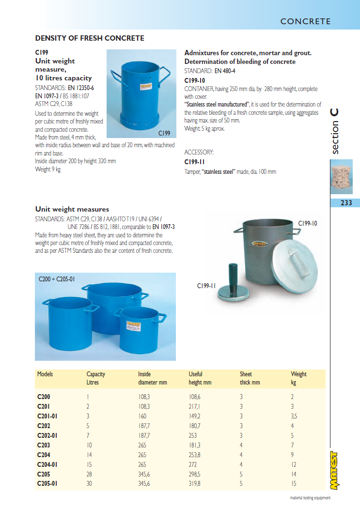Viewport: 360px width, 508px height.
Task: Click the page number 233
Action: tap(346, 203)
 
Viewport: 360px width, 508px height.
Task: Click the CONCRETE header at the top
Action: tap(305, 21)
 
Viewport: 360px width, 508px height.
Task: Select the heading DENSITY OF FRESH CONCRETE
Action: tap(90, 38)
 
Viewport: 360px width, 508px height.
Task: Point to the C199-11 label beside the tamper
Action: tap(206, 286)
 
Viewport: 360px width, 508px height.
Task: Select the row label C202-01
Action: tap(47, 435)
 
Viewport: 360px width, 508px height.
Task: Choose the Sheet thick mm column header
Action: tap(250, 378)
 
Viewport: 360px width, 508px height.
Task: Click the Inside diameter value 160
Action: tap(142, 416)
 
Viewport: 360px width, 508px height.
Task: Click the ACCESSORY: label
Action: tap(199, 152)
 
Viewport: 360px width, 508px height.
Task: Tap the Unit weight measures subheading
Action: tap(72, 209)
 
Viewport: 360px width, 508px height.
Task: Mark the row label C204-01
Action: tap(47, 464)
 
